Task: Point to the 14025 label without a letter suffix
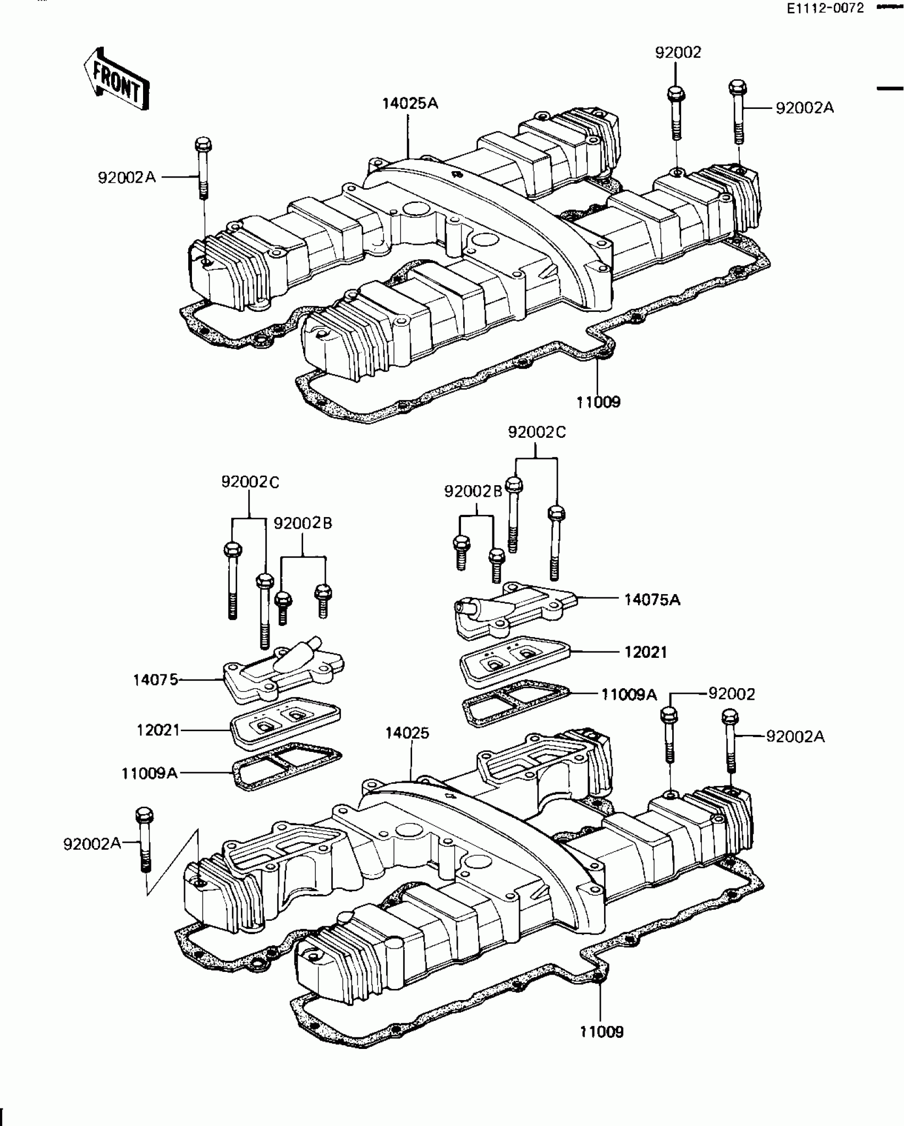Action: pos(407,733)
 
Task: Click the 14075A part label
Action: pos(652,600)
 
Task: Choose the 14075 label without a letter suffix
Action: pos(155,680)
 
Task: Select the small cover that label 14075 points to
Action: pos(282,670)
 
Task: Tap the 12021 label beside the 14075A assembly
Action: pos(646,652)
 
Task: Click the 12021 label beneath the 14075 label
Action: pos(158,731)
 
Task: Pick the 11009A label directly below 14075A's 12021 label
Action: pos(629,695)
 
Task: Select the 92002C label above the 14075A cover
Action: pos(537,433)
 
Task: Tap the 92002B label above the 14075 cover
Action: pos(303,523)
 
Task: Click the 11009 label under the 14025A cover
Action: pos(599,402)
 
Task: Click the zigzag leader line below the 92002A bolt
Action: pos(173,863)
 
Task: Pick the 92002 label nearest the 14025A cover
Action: pos(678,53)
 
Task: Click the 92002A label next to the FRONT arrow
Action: pos(127,177)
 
